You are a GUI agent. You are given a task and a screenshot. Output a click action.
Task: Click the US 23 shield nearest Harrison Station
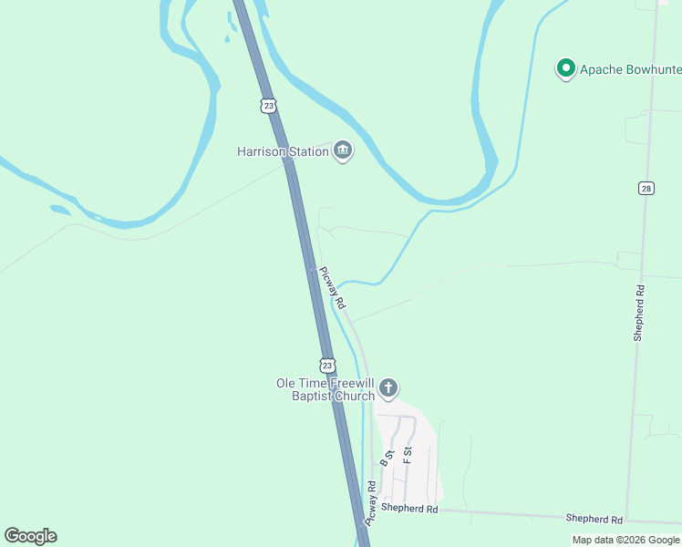pos(267,106)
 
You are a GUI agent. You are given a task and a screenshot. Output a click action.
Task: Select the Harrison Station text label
pos(283,151)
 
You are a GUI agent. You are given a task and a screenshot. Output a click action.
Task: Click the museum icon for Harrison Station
pos(343,150)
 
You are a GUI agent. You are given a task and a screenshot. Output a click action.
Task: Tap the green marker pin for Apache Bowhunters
pos(566,67)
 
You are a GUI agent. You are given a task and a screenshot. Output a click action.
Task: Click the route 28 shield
pos(646,188)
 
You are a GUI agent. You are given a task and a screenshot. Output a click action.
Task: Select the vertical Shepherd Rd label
pos(640,313)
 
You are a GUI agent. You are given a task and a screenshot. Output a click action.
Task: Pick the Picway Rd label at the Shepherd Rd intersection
pos(371,503)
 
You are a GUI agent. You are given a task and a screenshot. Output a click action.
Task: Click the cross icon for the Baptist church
pos(388,389)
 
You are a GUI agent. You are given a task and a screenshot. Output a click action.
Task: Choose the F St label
pos(408,453)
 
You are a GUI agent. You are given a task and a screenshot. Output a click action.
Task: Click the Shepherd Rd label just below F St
pos(409,508)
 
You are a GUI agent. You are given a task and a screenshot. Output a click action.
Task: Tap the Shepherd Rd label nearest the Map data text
pos(594,518)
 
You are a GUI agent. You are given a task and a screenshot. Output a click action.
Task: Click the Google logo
pos(30,536)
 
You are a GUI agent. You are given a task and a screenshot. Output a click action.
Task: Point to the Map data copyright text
pos(626,540)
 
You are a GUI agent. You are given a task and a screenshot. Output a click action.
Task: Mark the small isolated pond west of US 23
pos(59,210)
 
